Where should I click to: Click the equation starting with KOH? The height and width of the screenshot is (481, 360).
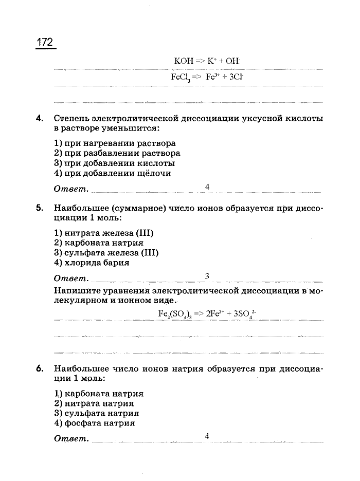click(x=207, y=61)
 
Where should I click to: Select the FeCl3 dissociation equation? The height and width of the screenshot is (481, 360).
click(x=207, y=77)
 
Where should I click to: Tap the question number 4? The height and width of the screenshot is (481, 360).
click(x=39, y=118)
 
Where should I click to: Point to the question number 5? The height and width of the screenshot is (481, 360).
click(x=39, y=208)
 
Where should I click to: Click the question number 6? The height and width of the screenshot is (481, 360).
click(x=39, y=368)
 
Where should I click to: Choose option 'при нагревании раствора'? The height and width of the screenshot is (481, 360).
click(x=115, y=143)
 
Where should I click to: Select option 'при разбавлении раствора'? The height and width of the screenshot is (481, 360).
click(x=117, y=153)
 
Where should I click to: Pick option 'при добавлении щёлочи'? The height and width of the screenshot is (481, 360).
click(x=113, y=173)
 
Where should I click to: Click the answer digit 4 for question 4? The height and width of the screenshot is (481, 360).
click(x=207, y=187)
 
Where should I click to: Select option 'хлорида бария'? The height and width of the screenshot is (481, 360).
click(x=92, y=263)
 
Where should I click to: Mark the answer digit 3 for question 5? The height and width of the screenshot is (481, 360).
click(x=207, y=276)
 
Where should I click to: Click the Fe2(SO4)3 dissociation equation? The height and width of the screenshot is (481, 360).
click(x=207, y=313)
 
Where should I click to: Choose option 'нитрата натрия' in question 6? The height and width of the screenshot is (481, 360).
click(x=94, y=403)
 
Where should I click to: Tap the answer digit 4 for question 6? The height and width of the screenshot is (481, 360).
click(x=207, y=436)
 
